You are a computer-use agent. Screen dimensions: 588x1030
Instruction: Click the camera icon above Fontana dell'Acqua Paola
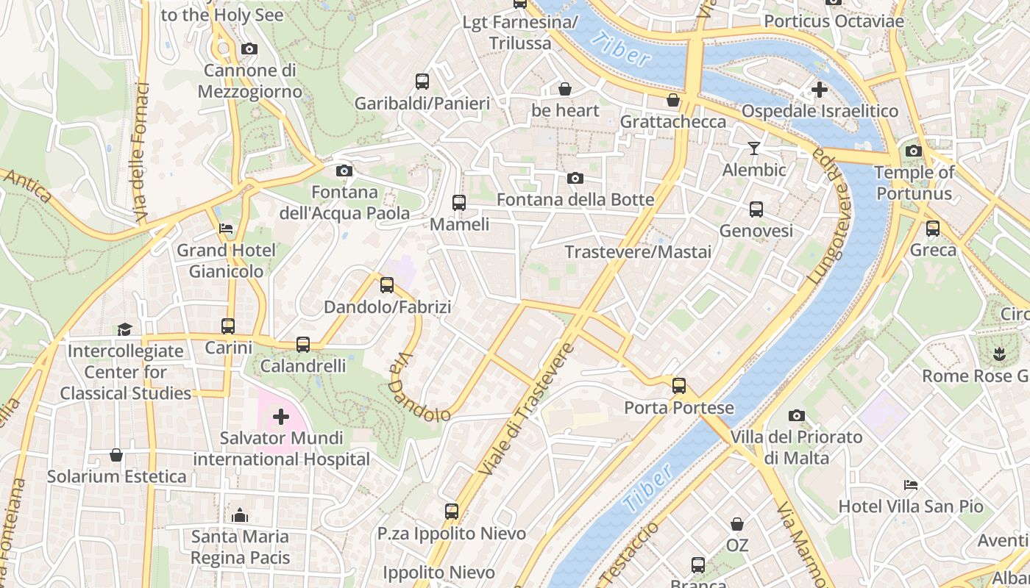pyautogui.click(x=344, y=171)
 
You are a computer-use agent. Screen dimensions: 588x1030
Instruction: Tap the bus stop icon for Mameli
pyautogui.click(x=459, y=202)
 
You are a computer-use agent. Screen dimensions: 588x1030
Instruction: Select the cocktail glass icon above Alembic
pyautogui.click(x=754, y=148)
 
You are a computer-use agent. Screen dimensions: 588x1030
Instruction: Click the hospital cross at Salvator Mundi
pyautogui.click(x=281, y=417)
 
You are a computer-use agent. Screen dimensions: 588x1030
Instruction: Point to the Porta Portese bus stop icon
pyautogui.click(x=679, y=386)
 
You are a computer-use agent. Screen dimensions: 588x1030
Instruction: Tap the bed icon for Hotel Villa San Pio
pyautogui.click(x=911, y=485)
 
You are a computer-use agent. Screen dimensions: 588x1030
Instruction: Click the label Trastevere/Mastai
pyautogui.click(x=638, y=252)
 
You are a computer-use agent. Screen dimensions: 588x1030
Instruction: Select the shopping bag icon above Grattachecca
pyautogui.click(x=673, y=100)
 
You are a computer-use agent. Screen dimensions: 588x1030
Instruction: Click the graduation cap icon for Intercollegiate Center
pyautogui.click(x=124, y=329)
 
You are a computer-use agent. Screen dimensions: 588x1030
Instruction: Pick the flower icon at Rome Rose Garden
pyautogui.click(x=999, y=354)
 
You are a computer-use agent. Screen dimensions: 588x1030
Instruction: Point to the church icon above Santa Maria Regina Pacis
pyautogui.click(x=240, y=515)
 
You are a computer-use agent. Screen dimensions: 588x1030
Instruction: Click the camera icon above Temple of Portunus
pyautogui.click(x=914, y=151)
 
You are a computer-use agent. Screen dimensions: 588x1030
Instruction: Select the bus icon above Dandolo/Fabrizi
pyautogui.click(x=387, y=285)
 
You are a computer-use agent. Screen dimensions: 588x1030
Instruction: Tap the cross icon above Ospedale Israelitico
pyautogui.click(x=819, y=90)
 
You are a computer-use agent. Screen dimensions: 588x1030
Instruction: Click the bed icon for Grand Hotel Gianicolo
pyautogui.click(x=226, y=229)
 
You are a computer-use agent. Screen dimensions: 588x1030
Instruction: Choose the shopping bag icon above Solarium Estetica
pyautogui.click(x=116, y=455)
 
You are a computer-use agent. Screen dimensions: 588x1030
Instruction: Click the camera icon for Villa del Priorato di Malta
pyautogui.click(x=796, y=416)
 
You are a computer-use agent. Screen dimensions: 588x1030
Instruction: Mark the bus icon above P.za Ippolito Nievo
pyautogui.click(x=452, y=512)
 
